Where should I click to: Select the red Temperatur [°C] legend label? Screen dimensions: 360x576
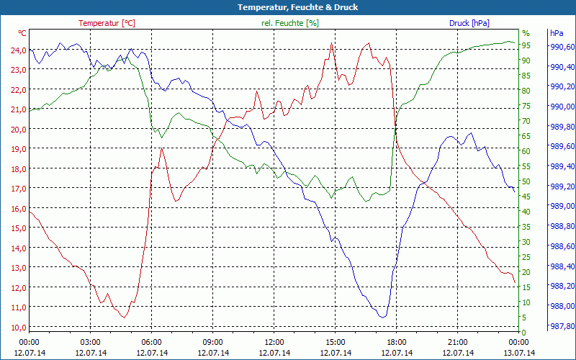107,23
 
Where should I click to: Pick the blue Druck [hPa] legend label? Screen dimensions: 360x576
469,23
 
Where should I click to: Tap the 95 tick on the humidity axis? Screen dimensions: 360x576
526,45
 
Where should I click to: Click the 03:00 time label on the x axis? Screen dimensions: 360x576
91,342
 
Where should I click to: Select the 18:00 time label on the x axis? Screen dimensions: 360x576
397,342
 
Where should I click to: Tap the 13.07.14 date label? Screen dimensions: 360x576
519,353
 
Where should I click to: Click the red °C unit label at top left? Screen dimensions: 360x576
22,33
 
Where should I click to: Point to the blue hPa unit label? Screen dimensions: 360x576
557,33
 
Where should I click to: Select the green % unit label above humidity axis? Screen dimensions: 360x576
526,33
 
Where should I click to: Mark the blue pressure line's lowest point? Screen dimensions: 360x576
382,317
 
